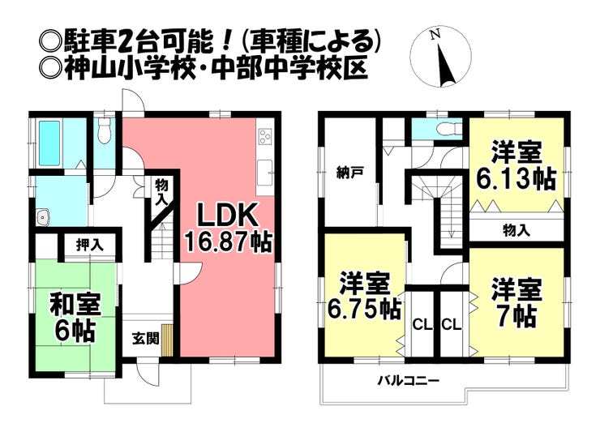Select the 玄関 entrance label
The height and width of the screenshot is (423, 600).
click(145, 339)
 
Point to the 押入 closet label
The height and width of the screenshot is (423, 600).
click(89, 246)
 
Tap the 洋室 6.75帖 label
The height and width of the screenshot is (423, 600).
click(364, 297)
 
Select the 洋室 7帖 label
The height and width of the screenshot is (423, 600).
click(516, 303)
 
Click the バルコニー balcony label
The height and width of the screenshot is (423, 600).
click(409, 381)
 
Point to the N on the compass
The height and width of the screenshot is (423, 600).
click(435, 36)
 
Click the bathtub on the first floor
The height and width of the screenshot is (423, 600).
click(49, 143)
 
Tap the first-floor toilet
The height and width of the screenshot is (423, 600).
click(104, 130)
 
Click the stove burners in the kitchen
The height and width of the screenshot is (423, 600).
click(266, 136)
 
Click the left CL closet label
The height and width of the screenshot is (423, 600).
click(422, 326)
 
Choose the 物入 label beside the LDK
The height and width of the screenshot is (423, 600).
click(162, 192)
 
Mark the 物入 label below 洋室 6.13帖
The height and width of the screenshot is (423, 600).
click(516, 230)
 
